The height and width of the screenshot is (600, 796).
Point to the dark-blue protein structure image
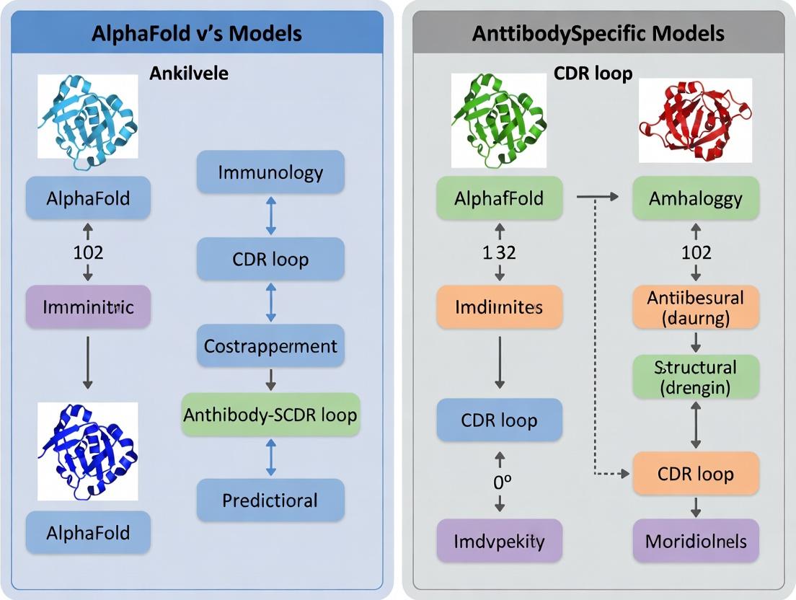pos(87,451)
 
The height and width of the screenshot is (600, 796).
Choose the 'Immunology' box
pos(270,172)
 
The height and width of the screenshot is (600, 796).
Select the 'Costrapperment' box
pos(270,346)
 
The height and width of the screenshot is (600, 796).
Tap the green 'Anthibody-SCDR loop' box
pos(270,415)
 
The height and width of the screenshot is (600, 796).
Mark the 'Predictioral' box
pos(270,500)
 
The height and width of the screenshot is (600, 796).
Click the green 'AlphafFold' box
pos(499,198)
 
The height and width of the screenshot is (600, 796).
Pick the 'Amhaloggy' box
pos(695,198)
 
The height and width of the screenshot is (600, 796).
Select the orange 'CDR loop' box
pos(695,474)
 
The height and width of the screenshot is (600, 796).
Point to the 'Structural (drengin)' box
pos(695,377)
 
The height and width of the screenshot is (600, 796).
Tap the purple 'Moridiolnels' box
pos(695,541)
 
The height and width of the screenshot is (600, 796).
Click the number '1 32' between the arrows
pos(499,252)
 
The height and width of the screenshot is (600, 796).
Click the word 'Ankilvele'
pos(188,73)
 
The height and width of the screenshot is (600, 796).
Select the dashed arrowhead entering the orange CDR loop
pos(626,474)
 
